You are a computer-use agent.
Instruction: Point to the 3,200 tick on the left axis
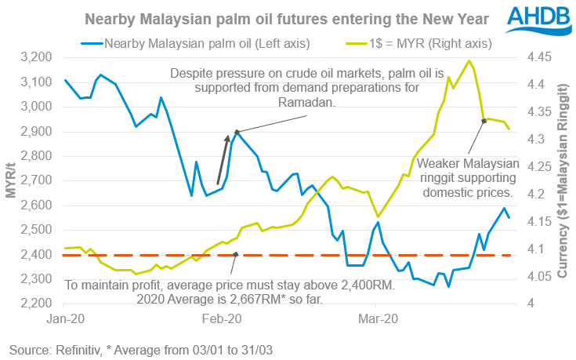(38, 57)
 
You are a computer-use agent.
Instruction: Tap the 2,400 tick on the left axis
(38, 255)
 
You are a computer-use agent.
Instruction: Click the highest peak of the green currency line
(469, 60)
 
